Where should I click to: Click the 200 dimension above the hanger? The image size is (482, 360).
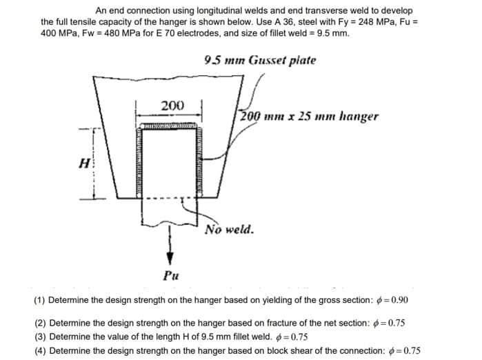[x=172, y=106]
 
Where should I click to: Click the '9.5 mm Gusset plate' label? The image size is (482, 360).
[x=261, y=60]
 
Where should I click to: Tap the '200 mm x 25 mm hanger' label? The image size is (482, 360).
[x=308, y=117]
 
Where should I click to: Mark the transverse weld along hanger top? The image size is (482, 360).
[x=172, y=127]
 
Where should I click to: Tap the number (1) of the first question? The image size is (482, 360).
[x=40, y=301]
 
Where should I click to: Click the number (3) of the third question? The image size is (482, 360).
[x=40, y=337]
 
